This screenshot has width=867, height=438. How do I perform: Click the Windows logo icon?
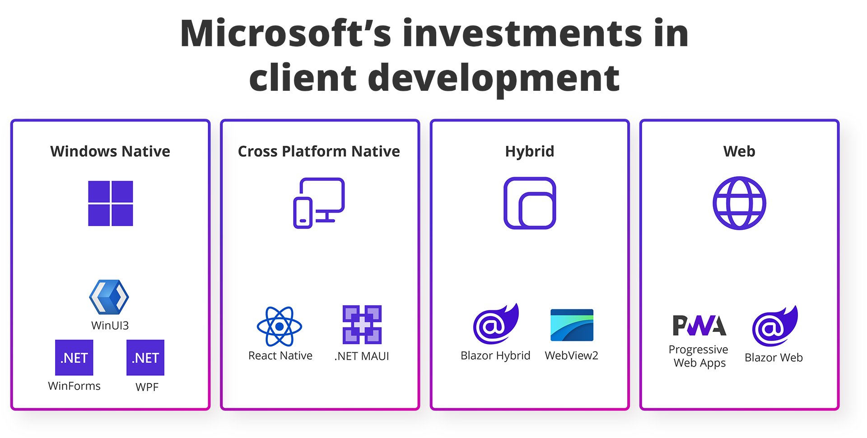(x=111, y=203)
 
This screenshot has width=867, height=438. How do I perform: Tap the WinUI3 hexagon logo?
(x=109, y=297)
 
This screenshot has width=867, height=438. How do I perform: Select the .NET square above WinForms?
(x=74, y=358)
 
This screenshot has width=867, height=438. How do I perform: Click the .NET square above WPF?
(x=145, y=358)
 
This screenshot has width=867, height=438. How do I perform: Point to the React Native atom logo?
(x=280, y=326)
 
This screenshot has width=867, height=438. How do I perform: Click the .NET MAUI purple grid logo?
(x=362, y=325)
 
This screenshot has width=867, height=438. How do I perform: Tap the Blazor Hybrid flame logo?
(x=496, y=324)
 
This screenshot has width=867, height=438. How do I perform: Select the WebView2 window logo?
(x=572, y=325)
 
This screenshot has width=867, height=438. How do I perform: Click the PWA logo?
(x=699, y=326)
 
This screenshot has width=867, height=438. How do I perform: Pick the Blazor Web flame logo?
(x=775, y=326)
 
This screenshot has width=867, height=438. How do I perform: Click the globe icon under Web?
(x=739, y=203)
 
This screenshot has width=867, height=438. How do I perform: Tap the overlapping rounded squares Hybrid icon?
(x=530, y=203)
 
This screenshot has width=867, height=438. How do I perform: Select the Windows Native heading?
(x=110, y=151)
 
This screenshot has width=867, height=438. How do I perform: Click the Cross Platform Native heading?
(x=319, y=151)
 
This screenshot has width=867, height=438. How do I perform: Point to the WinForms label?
(x=75, y=386)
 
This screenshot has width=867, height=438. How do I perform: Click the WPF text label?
(x=147, y=387)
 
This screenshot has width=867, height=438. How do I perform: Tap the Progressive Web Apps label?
(x=699, y=356)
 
